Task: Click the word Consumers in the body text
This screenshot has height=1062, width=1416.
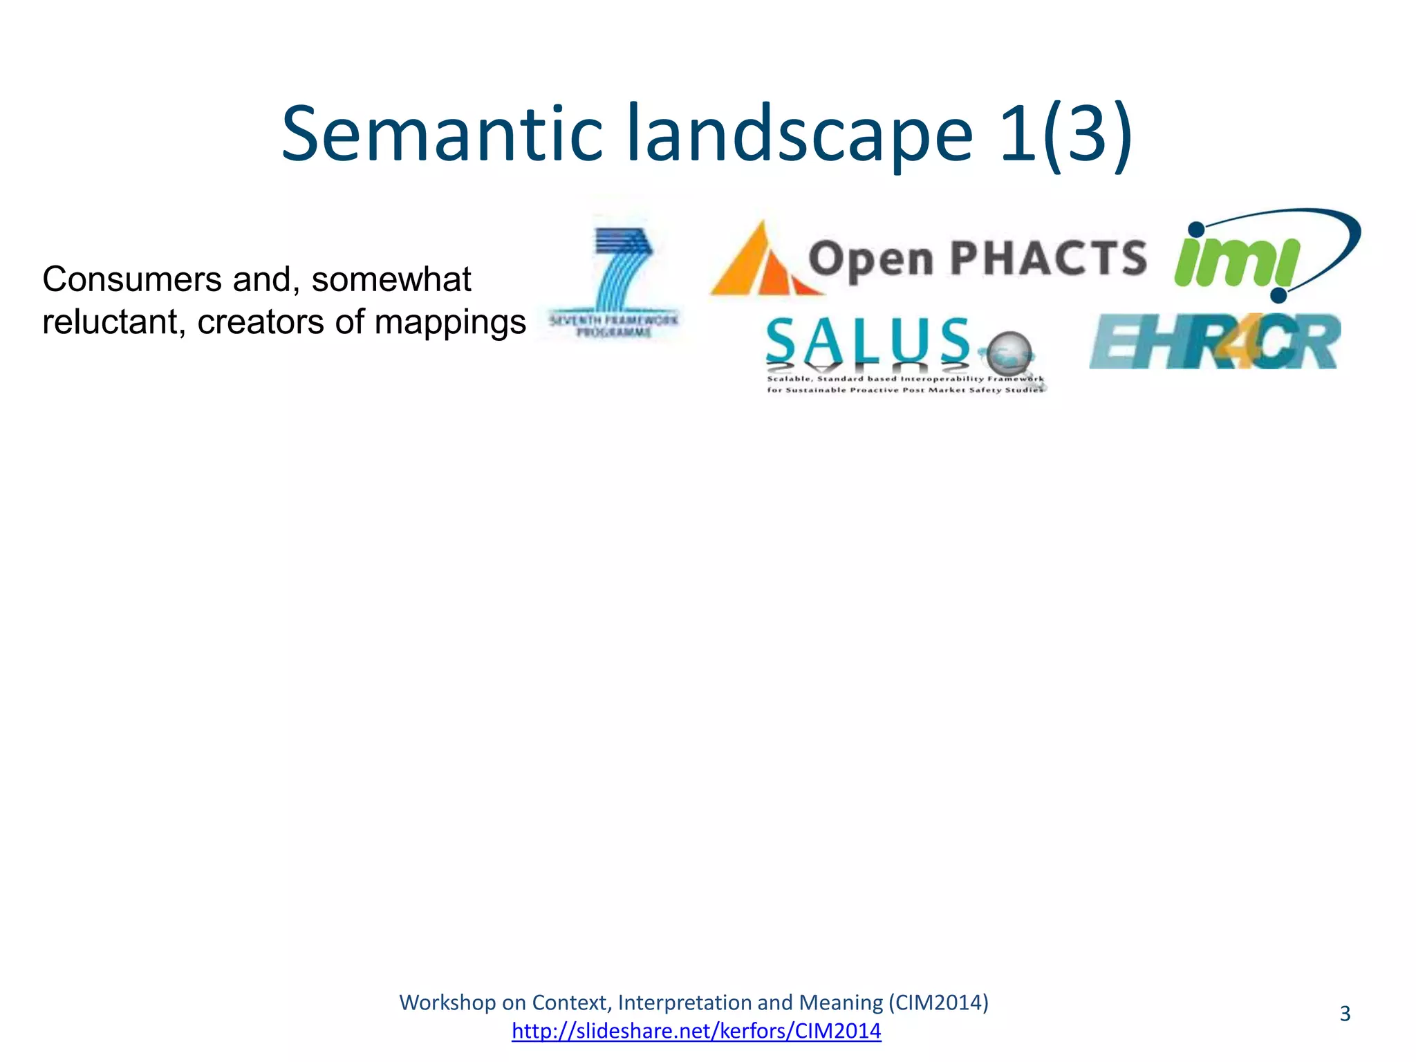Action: [131, 280]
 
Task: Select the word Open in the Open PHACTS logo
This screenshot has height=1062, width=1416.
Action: [871, 260]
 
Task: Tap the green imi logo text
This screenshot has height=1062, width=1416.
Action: [1235, 263]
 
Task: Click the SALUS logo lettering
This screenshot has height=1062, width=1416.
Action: [868, 340]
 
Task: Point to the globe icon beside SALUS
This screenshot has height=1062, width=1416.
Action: [1009, 354]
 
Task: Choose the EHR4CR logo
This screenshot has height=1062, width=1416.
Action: [1214, 342]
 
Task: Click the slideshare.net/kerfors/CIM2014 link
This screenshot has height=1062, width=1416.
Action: [696, 1031]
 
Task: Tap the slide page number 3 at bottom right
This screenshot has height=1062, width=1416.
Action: [1345, 1014]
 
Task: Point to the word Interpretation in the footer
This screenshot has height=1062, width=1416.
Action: [684, 1003]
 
